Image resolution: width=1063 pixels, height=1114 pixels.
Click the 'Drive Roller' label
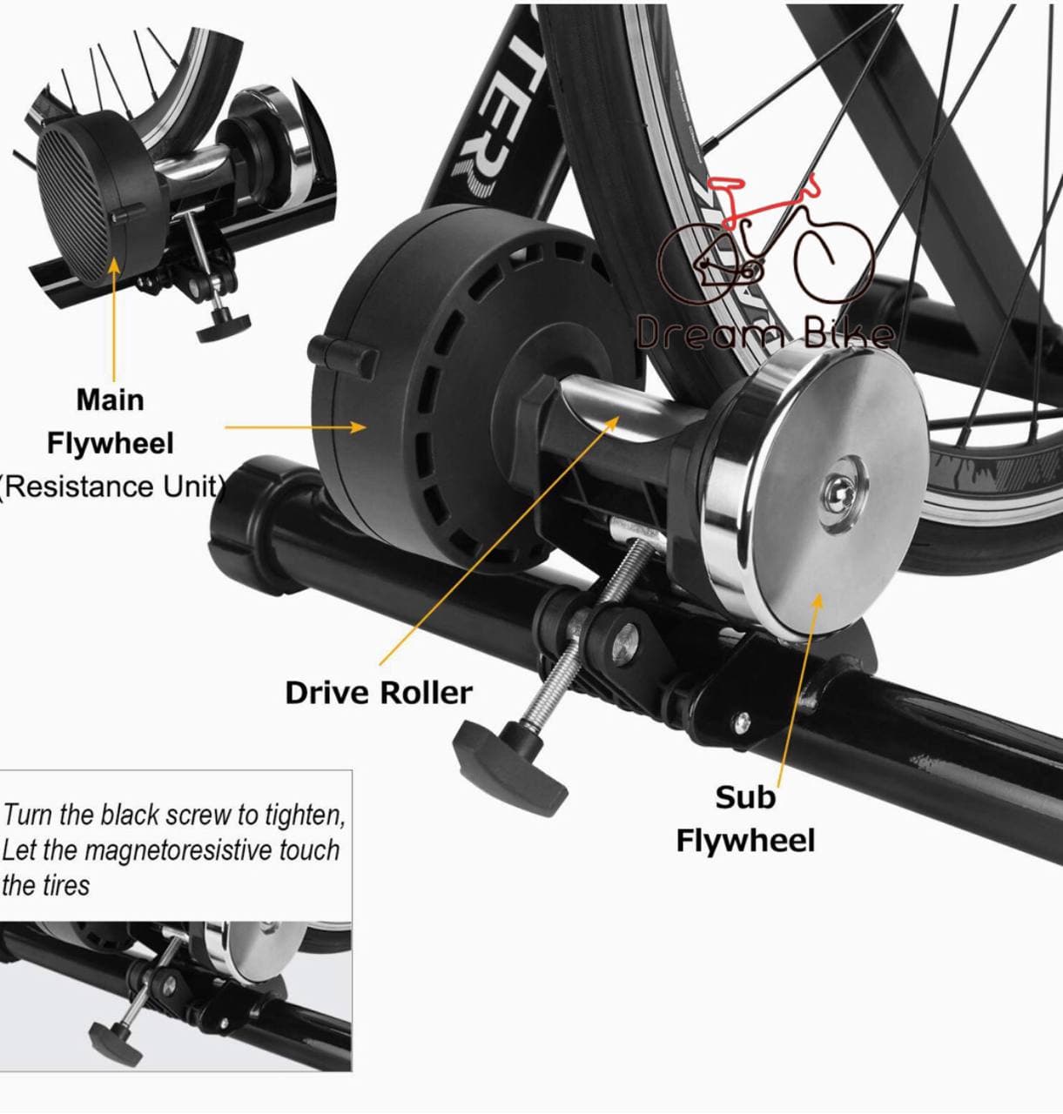(378, 693)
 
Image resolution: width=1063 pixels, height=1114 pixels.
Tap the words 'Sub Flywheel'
(745, 819)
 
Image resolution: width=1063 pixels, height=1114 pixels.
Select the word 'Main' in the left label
(110, 399)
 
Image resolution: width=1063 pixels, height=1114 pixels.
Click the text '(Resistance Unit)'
(111, 486)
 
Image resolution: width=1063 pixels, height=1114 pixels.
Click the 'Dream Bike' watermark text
(764, 333)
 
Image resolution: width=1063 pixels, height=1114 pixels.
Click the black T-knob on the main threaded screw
(508, 765)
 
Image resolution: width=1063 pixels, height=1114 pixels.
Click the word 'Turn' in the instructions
(28, 815)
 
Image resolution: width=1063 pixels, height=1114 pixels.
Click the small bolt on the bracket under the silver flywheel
(741, 721)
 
